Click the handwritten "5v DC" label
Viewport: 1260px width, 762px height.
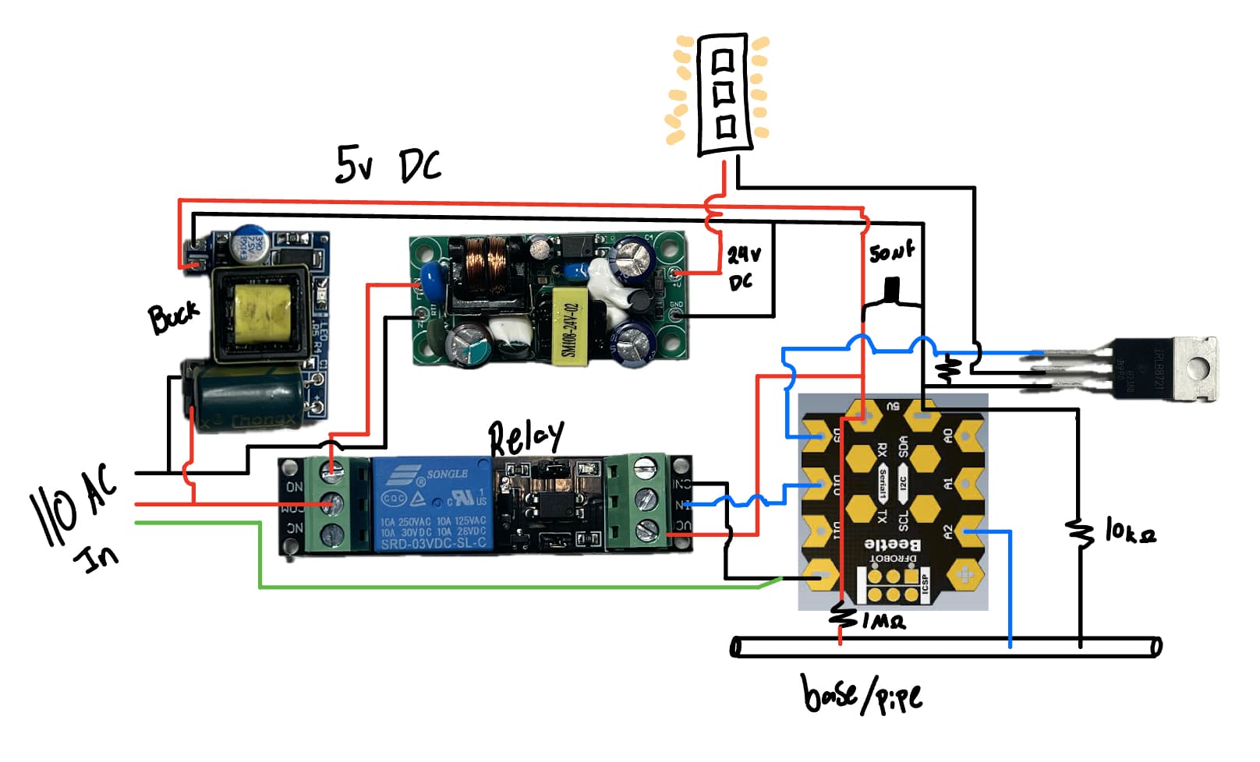pos(388,165)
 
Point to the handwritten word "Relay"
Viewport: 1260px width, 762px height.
pos(526,439)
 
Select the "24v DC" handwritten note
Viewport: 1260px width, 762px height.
pos(743,267)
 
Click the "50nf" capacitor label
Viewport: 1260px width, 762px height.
pos(891,252)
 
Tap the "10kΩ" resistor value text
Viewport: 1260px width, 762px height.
pos(1130,532)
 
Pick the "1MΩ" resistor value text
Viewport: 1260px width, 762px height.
pos(883,621)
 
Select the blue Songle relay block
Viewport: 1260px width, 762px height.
pos(432,505)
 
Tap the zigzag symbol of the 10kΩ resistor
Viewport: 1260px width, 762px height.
pos(1081,533)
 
